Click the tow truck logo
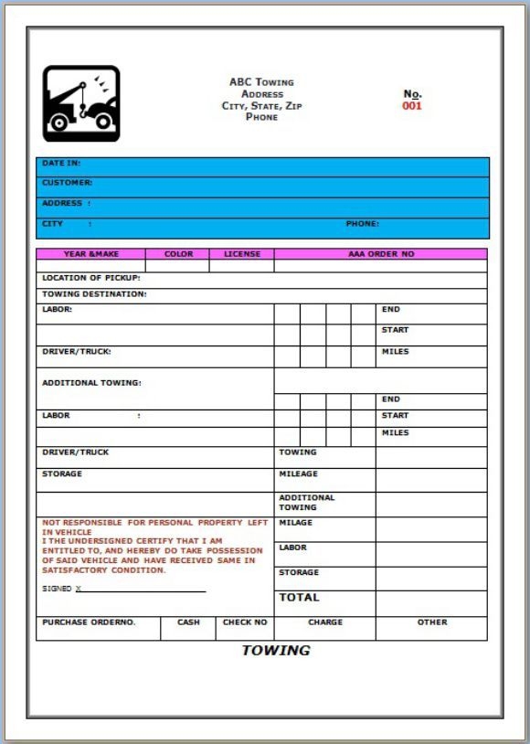[x=81, y=103]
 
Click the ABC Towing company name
[x=261, y=82]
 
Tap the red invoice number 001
[x=412, y=106]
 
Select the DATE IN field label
[x=61, y=163]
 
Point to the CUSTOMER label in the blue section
[x=67, y=183]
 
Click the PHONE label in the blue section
[x=362, y=224]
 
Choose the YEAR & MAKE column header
[x=90, y=254]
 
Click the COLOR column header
[x=178, y=254]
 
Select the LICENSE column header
[x=241, y=254]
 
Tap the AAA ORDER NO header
[x=380, y=254]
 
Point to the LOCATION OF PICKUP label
[x=91, y=278]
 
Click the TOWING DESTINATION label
[x=94, y=294]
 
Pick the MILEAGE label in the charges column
[x=298, y=474]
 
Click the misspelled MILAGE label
[x=295, y=523]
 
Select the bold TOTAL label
[x=299, y=598]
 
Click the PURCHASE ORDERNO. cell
[x=89, y=622]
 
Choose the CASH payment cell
[x=188, y=622]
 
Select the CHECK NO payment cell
[x=245, y=622]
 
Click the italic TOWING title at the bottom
[x=276, y=651]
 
